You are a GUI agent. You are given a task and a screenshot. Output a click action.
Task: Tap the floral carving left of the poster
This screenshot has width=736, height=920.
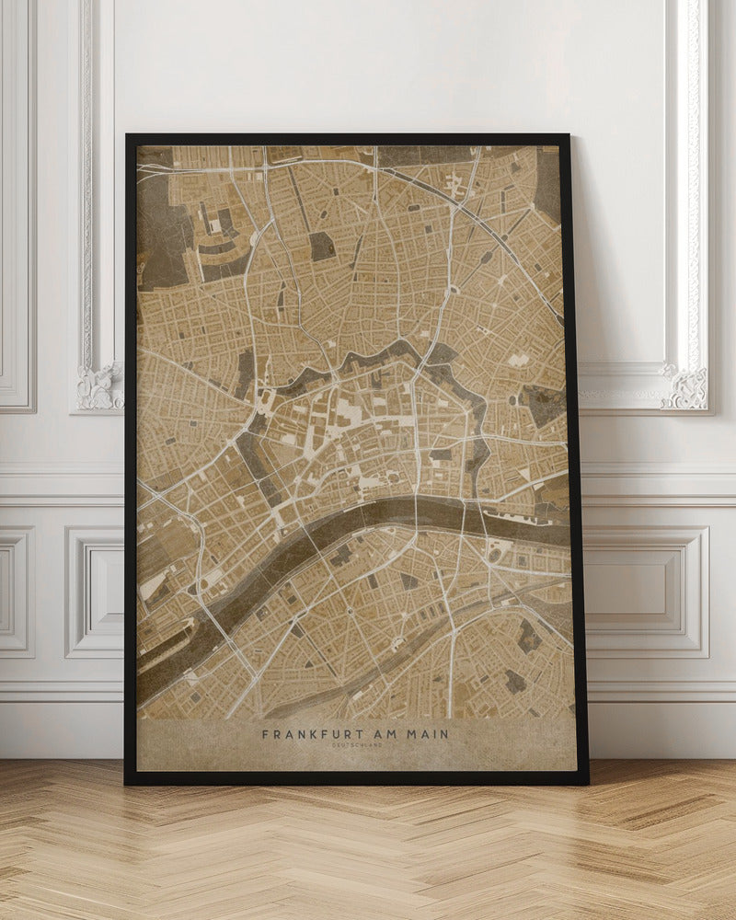99,386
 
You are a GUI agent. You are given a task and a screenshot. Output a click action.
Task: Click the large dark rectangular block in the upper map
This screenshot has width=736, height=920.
321,246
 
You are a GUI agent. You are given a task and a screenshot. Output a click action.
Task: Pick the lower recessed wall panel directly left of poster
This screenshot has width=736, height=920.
95,591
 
